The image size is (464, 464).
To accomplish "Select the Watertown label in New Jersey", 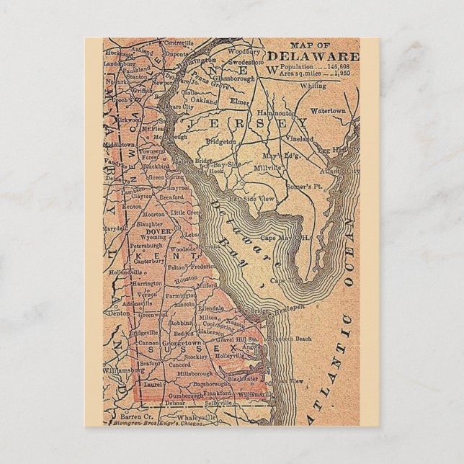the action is (x=329, y=112).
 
